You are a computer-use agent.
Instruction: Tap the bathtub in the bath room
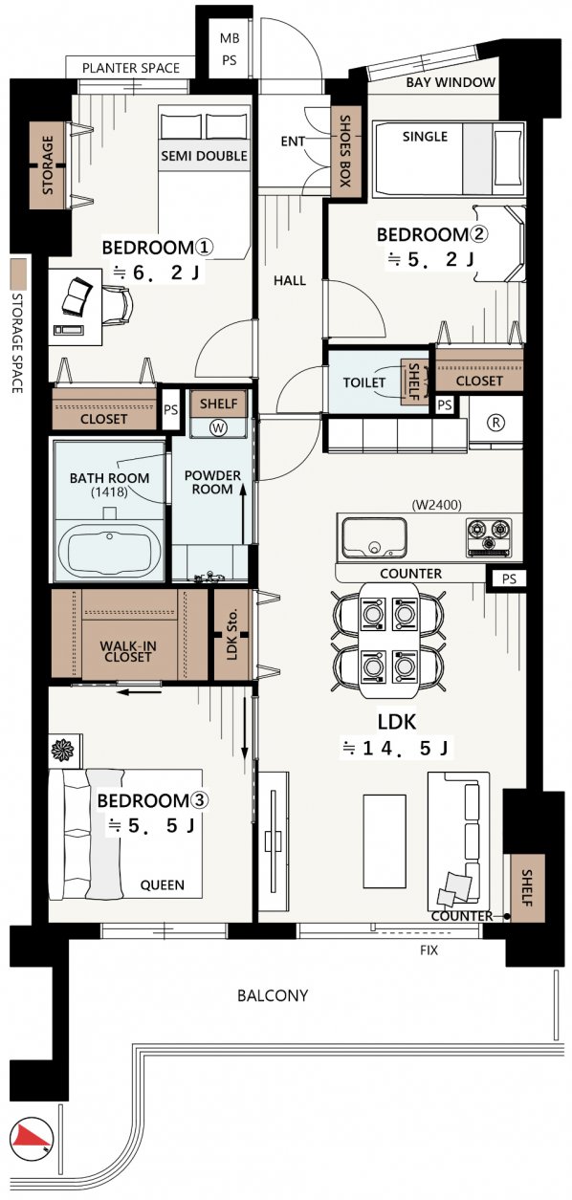pyautogui.click(x=109, y=551)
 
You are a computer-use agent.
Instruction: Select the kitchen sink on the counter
pyautogui.click(x=374, y=536)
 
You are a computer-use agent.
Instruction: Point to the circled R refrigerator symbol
pyautogui.click(x=495, y=422)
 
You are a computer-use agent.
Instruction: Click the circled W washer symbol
pyautogui.click(x=219, y=427)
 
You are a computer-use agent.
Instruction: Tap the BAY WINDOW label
pyautogui.click(x=451, y=82)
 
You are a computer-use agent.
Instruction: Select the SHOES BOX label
pyautogui.click(x=344, y=152)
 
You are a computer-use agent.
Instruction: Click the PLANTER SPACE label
pyautogui.click(x=131, y=68)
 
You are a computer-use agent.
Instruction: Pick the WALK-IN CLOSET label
pyautogui.click(x=127, y=651)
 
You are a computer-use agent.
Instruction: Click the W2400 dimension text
pyautogui.click(x=437, y=504)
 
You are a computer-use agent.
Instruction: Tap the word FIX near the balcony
pyautogui.click(x=429, y=950)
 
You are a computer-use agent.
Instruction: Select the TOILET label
pyautogui.click(x=364, y=382)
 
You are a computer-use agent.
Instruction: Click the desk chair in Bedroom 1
pyautogui.click(x=117, y=305)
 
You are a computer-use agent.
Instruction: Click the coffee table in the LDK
pyautogui.click(x=385, y=840)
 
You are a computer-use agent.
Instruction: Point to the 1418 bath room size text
pyautogui.click(x=109, y=491)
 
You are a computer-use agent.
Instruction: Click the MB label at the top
pyautogui.click(x=230, y=38)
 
